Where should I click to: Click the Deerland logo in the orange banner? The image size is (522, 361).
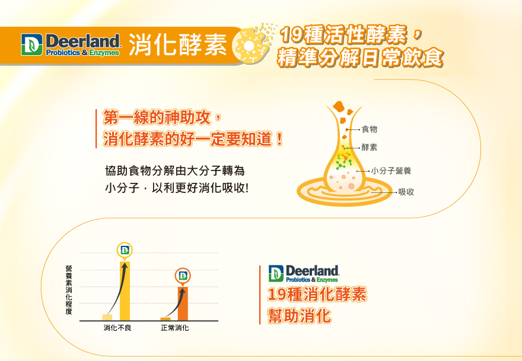(x=70, y=45)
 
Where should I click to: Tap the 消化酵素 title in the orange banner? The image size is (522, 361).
(x=178, y=45)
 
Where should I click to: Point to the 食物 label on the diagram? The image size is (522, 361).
(x=369, y=129)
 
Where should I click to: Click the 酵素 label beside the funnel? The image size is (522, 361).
(x=369, y=147)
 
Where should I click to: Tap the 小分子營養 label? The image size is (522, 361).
(x=391, y=170)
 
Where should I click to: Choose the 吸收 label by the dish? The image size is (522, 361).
(x=406, y=192)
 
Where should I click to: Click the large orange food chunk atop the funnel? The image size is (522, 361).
(x=338, y=106)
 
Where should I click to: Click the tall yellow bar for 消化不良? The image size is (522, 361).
(x=125, y=291)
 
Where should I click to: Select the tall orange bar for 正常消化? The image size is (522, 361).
(x=183, y=303)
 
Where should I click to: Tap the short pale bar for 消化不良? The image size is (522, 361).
(x=107, y=317)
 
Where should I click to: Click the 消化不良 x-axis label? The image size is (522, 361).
(x=117, y=328)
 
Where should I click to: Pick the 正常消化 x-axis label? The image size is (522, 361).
(x=175, y=328)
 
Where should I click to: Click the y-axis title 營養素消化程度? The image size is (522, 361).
(x=69, y=290)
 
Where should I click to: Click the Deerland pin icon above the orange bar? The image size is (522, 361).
(x=183, y=276)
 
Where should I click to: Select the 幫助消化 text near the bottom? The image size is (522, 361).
(x=300, y=316)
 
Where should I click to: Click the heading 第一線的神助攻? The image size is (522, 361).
(x=157, y=118)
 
